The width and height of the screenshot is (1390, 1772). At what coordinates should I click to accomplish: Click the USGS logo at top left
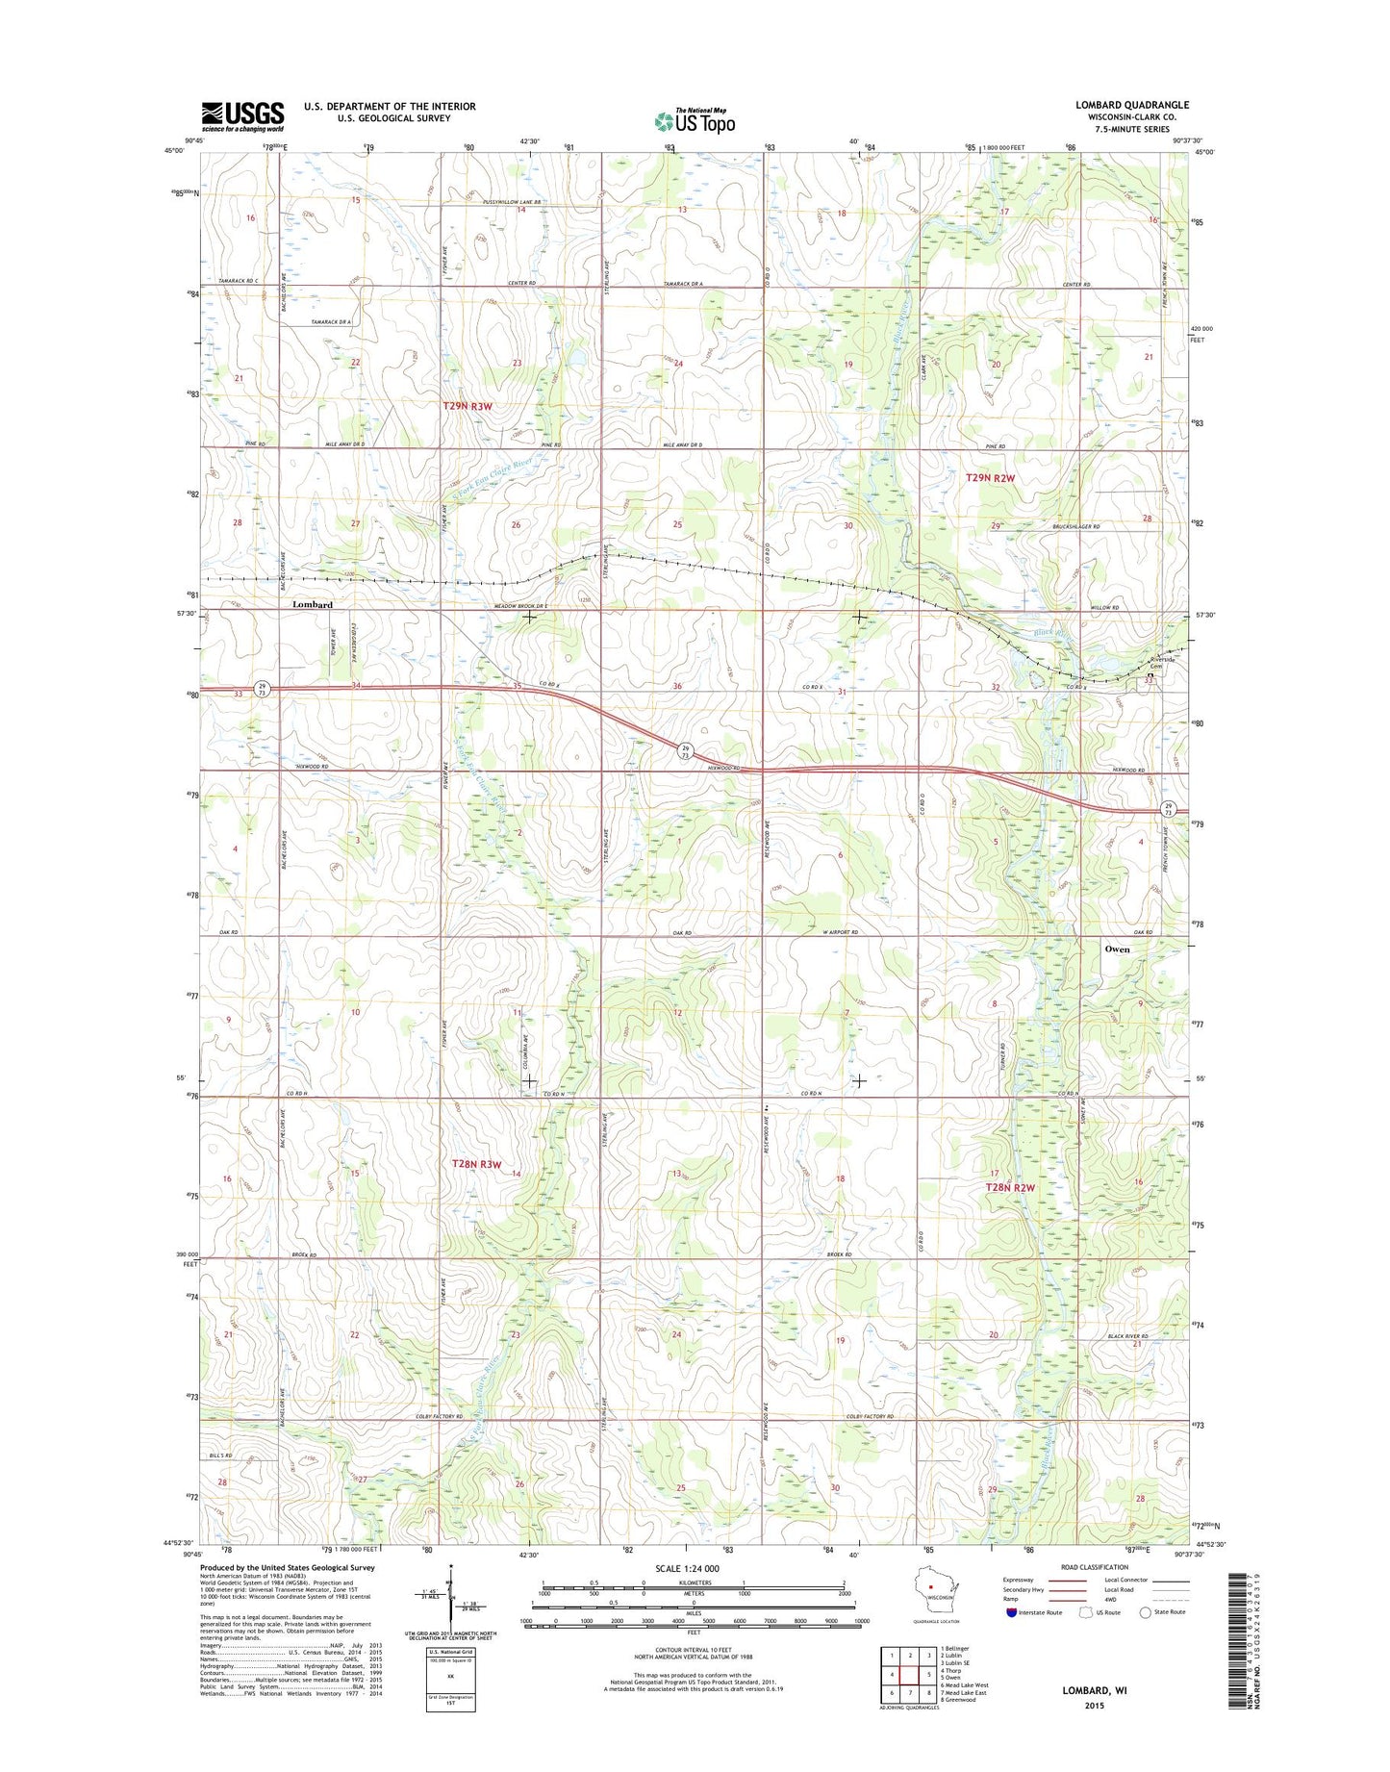point(242,115)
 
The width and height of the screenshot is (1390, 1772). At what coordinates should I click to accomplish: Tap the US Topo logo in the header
point(695,120)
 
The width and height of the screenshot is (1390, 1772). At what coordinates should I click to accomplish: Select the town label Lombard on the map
point(313,604)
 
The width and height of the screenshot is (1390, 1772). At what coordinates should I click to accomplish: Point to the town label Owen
point(1117,949)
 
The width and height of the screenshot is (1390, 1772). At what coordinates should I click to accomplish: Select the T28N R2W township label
point(1010,1187)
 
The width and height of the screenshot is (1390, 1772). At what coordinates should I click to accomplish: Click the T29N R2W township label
point(991,478)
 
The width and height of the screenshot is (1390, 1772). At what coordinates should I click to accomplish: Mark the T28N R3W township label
point(477,1164)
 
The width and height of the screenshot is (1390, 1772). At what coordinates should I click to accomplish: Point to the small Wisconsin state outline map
point(930,1608)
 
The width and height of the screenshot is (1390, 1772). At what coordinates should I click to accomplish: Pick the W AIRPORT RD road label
point(839,932)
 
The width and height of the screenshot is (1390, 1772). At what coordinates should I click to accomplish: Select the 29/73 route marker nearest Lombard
point(262,688)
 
